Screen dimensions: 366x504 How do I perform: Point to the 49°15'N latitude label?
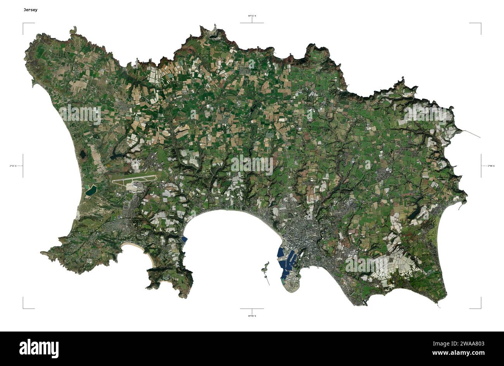[252, 16]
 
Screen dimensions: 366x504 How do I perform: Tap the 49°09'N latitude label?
[252, 316]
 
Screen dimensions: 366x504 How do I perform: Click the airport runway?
[134, 180]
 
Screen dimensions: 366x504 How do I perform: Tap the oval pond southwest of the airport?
[91, 190]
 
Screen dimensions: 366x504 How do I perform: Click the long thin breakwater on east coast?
[471, 134]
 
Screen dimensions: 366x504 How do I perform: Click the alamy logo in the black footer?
[39, 348]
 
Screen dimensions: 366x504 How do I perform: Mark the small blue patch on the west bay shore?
[185, 239]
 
